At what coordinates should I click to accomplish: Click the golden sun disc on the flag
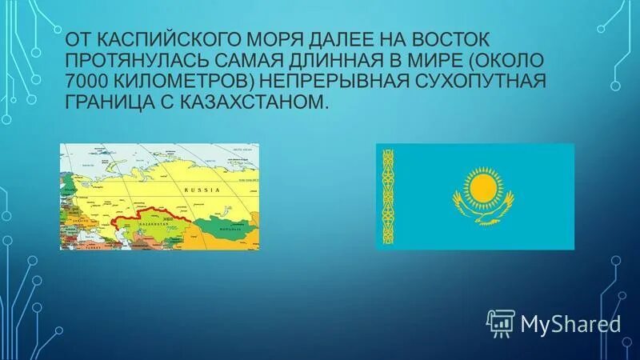483,189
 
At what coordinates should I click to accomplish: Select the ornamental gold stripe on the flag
388,196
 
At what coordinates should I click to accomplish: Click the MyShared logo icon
501,323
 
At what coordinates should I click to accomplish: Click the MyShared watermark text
570,323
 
